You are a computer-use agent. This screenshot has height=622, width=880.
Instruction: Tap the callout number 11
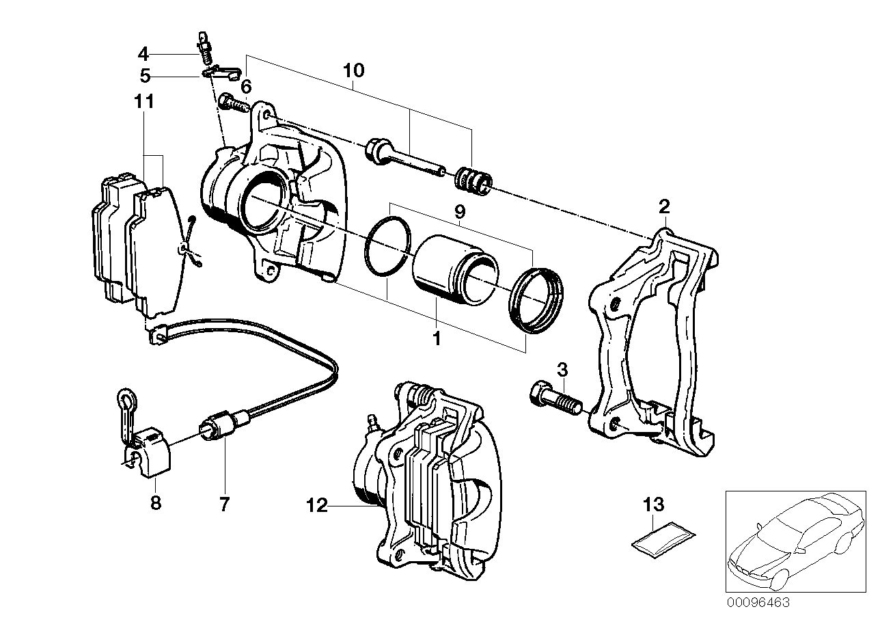coord(144,103)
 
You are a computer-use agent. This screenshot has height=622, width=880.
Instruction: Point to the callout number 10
coord(354,70)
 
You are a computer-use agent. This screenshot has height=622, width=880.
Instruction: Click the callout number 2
coord(664,206)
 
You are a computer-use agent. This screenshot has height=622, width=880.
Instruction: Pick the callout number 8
coord(156,503)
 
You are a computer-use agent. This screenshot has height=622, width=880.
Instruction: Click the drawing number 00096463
coord(758,602)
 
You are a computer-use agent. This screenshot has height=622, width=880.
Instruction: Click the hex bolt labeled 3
coord(553,398)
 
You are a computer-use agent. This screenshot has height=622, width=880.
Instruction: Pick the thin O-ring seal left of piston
coord(388,249)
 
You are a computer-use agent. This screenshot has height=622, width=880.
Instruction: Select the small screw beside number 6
coord(232,105)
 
